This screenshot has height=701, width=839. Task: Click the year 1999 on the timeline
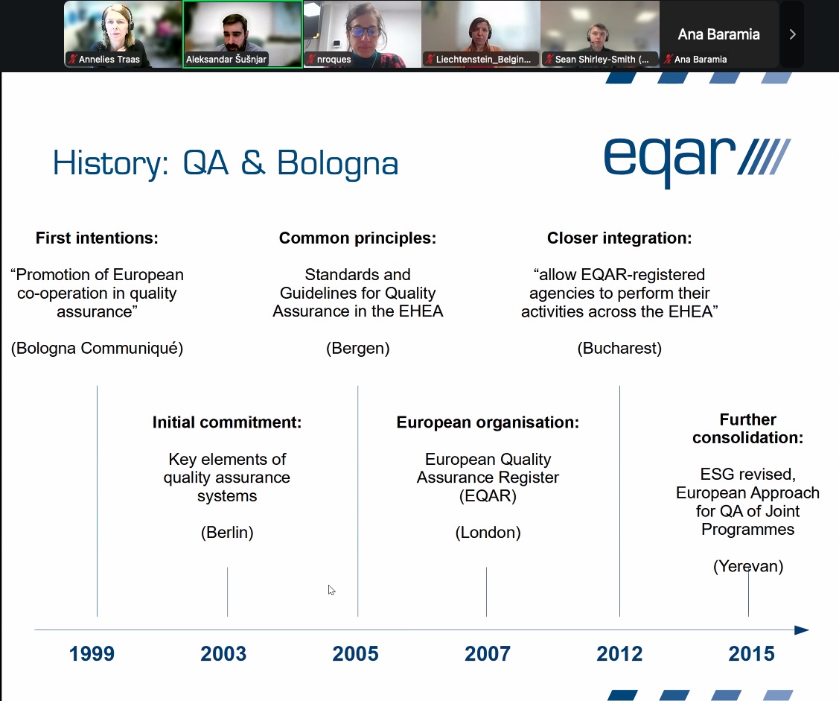click(92, 654)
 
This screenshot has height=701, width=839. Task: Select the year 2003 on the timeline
click(223, 654)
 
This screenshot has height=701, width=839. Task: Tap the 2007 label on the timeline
click(488, 654)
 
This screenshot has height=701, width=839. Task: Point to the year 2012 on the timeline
click(619, 654)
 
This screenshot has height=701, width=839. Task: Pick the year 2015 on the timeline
click(751, 654)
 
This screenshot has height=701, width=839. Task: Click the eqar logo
click(698, 161)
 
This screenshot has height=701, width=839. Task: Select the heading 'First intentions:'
click(97, 238)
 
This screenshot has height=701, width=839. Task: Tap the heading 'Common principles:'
click(357, 238)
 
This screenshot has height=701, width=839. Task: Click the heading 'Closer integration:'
click(619, 238)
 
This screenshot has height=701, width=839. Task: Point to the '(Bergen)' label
click(358, 348)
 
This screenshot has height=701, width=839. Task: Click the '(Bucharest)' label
click(619, 348)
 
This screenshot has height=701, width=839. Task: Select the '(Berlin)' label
click(227, 533)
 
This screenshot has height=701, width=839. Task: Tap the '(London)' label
click(488, 533)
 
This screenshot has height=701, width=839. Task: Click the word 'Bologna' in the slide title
click(338, 163)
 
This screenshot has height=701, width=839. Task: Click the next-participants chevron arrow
click(792, 34)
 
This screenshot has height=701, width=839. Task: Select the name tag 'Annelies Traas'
click(109, 60)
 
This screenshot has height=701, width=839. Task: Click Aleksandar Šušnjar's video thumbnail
click(243, 34)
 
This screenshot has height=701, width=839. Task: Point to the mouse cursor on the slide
click(331, 589)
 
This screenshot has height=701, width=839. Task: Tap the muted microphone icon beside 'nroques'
click(310, 59)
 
